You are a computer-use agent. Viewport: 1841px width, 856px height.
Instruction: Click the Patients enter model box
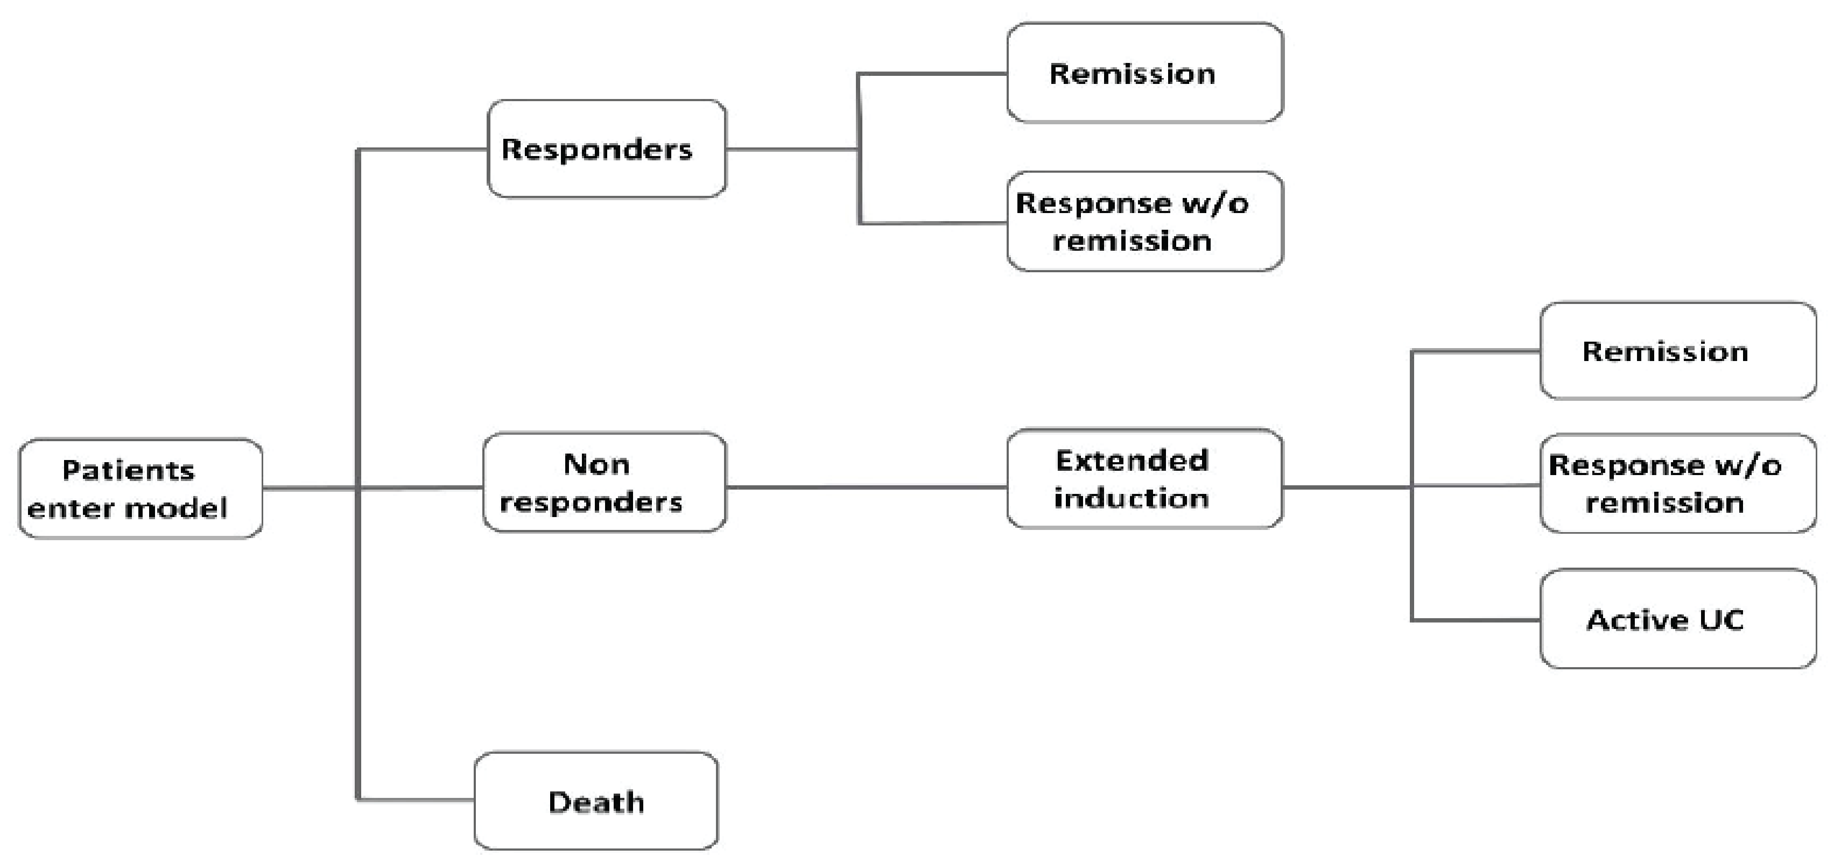coord(140,489)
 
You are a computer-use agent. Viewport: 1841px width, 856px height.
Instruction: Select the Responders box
coord(606,148)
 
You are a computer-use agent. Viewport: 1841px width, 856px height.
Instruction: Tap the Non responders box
coord(605,482)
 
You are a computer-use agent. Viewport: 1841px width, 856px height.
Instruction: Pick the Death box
coord(596,801)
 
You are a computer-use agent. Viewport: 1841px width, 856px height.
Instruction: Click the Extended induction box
coord(1144,479)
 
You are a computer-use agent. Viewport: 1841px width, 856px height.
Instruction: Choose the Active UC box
coord(1678,619)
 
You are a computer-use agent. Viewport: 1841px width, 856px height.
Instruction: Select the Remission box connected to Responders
coord(1144,73)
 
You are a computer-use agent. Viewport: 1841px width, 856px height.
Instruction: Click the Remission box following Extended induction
coord(1678,351)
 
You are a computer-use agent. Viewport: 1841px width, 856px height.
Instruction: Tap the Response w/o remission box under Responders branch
coord(1144,222)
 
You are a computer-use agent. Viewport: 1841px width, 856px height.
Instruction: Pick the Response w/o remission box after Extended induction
coord(1678,484)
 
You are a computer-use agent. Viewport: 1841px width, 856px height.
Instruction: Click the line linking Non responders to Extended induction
coord(866,487)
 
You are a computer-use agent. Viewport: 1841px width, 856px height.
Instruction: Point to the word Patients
coord(128,470)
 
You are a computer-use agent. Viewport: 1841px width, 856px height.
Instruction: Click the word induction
coord(1132,498)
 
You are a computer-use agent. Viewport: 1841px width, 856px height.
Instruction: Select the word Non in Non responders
coord(596,464)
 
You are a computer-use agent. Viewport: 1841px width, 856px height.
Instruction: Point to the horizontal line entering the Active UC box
coord(1475,620)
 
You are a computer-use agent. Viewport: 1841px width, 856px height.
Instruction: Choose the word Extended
coord(1132,461)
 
